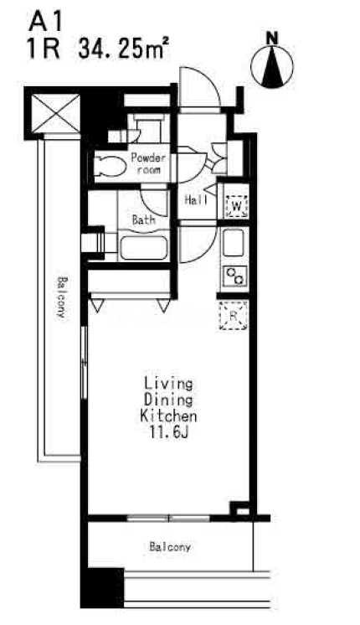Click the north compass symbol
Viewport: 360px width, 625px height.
click(272, 64)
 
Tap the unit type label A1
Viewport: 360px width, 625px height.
click(45, 23)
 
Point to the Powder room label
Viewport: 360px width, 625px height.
click(148, 163)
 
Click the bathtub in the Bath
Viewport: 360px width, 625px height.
click(143, 248)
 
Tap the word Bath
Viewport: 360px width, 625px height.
click(143, 220)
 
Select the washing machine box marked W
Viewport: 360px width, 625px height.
click(236, 206)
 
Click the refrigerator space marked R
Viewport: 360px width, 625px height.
click(234, 316)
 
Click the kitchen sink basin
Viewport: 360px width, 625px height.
click(234, 243)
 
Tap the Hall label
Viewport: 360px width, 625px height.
click(196, 200)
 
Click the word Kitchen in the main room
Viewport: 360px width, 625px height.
click(169, 416)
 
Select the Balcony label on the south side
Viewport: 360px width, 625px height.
click(170, 547)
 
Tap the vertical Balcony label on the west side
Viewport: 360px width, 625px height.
click(61, 297)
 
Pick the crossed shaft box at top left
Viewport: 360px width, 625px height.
click(55, 113)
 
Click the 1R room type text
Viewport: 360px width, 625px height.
click(44, 49)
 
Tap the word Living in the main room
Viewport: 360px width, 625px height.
click(168, 384)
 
